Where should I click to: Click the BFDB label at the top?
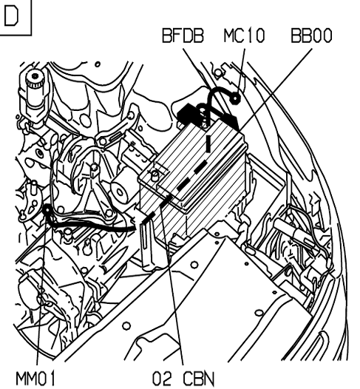pyautogui.click(x=183, y=35)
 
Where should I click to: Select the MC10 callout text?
pyautogui.click(x=244, y=35)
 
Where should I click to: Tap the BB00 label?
pyautogui.click(x=311, y=35)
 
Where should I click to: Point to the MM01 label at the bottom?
pyautogui.click(x=35, y=379)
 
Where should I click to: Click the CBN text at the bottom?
pyautogui.click(x=198, y=379)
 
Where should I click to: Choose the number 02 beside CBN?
pyautogui.click(x=162, y=379)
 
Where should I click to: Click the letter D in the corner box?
pyautogui.click(x=11, y=16)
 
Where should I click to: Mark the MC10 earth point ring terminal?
pyautogui.click(x=235, y=99)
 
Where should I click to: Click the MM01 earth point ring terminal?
pyautogui.click(x=47, y=210)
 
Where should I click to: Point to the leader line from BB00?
pyautogui.click(x=276, y=89)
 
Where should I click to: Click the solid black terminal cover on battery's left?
pyautogui.click(x=188, y=113)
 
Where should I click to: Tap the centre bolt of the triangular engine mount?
pyautogui.click(x=93, y=168)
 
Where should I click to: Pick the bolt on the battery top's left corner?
pyautogui.click(x=154, y=175)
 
